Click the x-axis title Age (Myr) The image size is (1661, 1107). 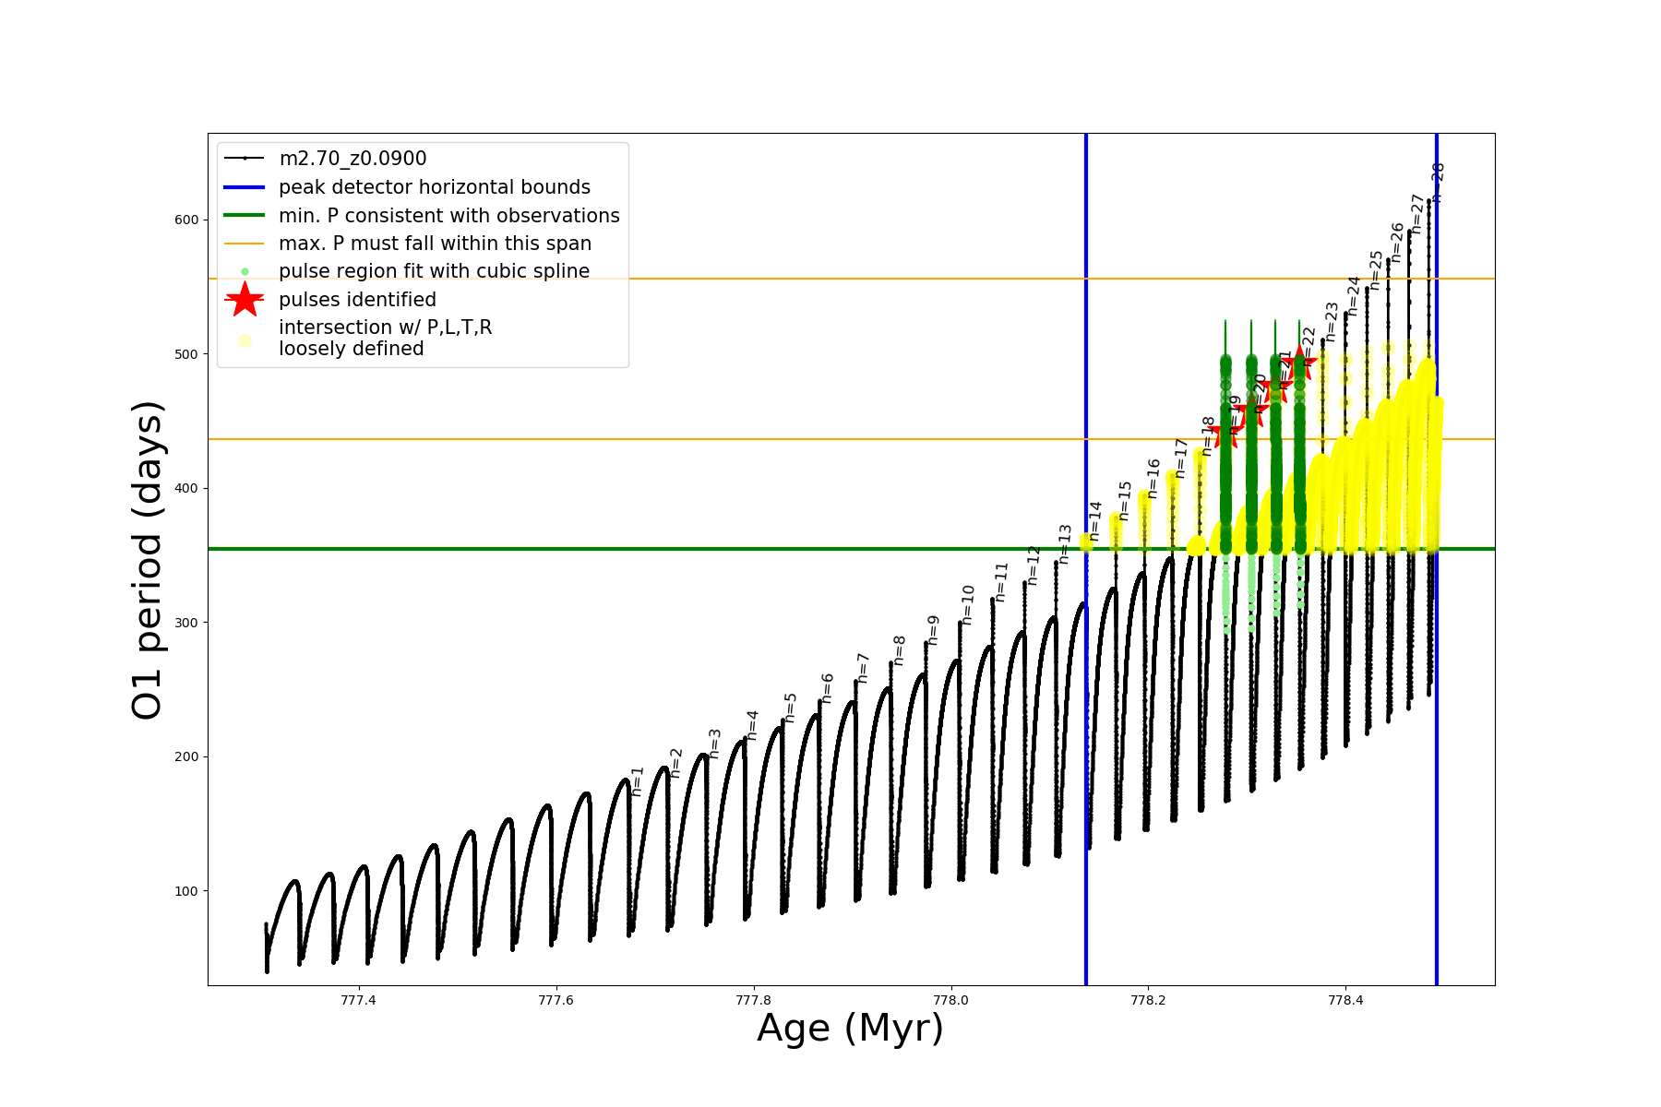[850, 1029]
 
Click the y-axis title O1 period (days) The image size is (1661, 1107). [148, 560]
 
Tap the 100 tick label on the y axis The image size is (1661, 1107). [185, 891]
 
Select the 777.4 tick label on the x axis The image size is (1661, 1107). [358, 1001]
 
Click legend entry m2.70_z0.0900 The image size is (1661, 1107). [353, 159]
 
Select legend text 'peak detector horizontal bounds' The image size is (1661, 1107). [434, 187]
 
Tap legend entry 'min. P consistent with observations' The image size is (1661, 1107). [448, 216]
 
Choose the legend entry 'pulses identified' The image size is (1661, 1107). [357, 300]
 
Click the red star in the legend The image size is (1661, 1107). [245, 300]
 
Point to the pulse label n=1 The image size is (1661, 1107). [638, 780]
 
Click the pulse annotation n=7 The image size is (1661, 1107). [864, 667]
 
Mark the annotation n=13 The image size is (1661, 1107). [1065, 543]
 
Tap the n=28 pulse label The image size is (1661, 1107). [1438, 182]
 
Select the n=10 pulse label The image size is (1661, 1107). [968, 604]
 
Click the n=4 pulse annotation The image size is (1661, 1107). [753, 725]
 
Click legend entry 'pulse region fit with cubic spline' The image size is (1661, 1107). [434, 271]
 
